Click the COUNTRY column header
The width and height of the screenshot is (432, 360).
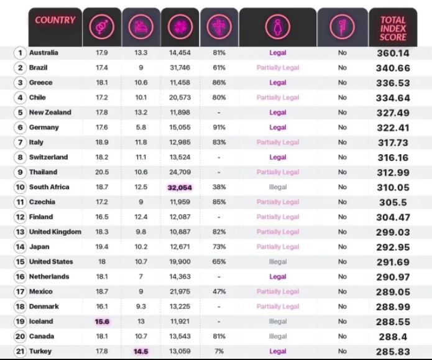pyautogui.click(x=55, y=20)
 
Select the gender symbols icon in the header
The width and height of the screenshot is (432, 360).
pyautogui.click(x=101, y=27)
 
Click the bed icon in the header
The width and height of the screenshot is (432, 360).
pyautogui.click(x=140, y=27)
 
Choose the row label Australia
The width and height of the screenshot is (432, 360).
pyautogui.click(x=44, y=53)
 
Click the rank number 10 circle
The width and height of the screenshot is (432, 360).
pyautogui.click(x=20, y=187)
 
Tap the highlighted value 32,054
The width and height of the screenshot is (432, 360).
pyautogui.click(x=180, y=187)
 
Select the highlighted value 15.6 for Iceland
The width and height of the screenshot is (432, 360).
pyautogui.click(x=101, y=321)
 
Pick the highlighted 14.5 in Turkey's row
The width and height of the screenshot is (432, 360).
pyautogui.click(x=140, y=351)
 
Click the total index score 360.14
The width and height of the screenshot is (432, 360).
pyautogui.click(x=393, y=53)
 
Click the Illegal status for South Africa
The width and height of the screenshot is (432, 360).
pyautogui.click(x=278, y=187)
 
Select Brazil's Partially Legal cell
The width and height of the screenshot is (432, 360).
pyautogui.click(x=278, y=68)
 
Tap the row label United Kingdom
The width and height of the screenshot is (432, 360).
pyautogui.click(x=55, y=232)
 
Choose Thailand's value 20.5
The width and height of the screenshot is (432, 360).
pyautogui.click(x=101, y=172)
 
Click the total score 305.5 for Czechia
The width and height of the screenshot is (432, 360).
pyautogui.click(x=393, y=202)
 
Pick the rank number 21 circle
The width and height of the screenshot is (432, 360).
pyautogui.click(x=20, y=351)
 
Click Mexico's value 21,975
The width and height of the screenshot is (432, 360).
pyautogui.click(x=180, y=292)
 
